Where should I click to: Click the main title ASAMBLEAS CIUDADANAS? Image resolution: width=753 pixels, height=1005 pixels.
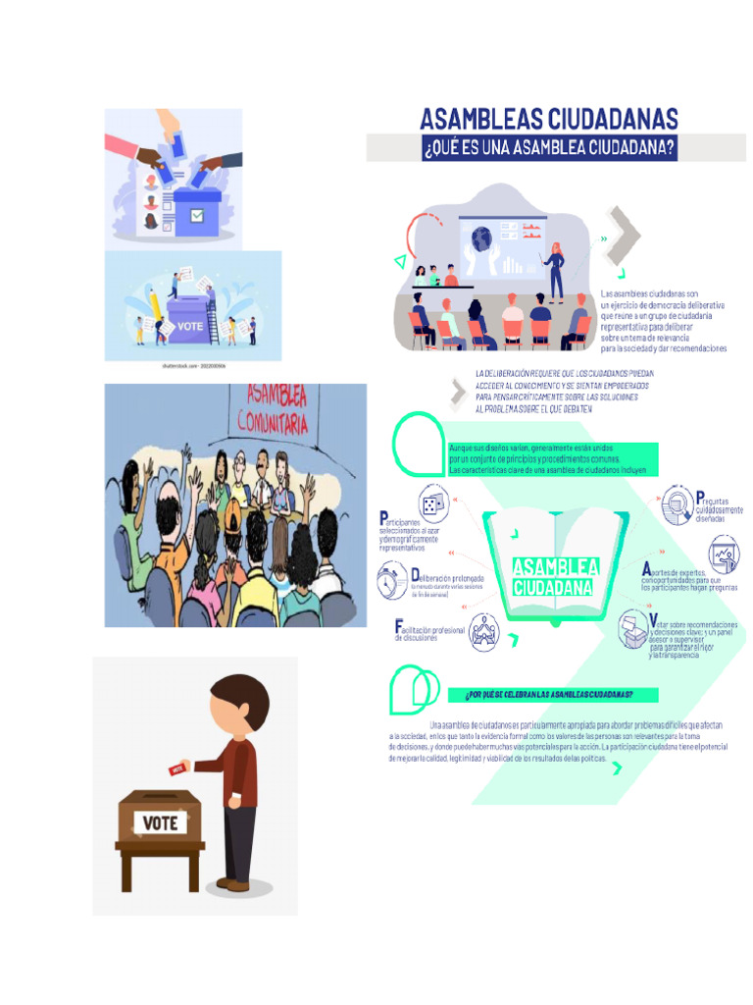click(x=548, y=120)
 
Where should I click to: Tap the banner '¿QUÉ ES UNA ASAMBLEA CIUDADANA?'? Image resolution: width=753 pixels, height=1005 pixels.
click(x=549, y=148)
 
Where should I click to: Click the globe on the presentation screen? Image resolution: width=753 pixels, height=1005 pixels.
click(x=480, y=238)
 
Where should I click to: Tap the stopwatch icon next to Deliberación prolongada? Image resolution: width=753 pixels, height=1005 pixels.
click(x=392, y=582)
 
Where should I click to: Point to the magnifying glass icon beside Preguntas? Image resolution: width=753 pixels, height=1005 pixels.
click(x=677, y=504)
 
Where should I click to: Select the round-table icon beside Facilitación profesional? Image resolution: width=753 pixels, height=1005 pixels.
click(x=483, y=633)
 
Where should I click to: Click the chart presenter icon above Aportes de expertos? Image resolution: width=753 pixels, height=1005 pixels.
click(x=724, y=555)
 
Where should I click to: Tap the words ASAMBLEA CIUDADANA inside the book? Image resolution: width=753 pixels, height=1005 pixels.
click(x=555, y=577)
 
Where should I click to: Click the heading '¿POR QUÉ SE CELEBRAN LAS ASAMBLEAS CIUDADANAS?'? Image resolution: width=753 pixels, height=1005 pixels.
click(x=548, y=695)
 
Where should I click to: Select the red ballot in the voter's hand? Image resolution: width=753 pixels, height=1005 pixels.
click(x=177, y=769)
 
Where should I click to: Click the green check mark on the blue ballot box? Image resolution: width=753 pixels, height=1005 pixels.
click(x=204, y=216)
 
